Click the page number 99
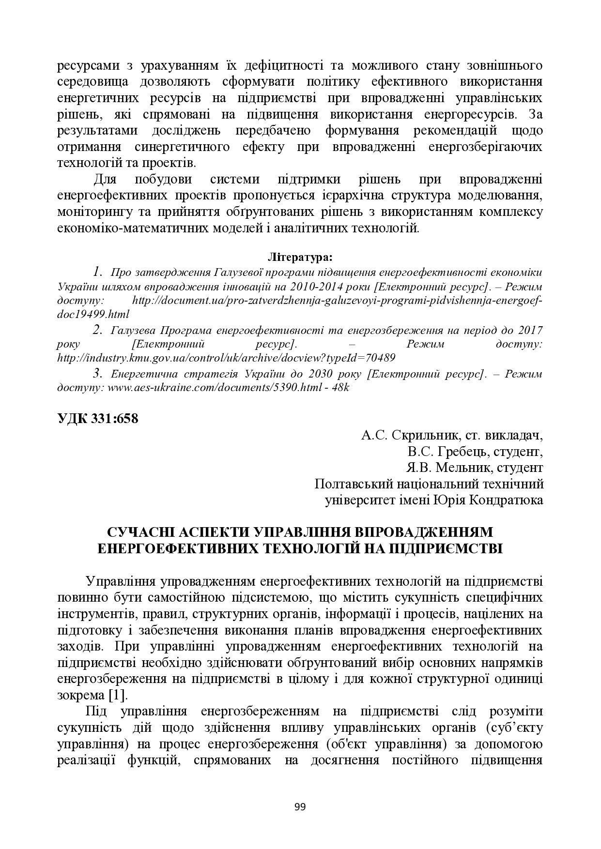300,806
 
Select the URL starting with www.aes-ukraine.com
214,388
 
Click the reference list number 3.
97,373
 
